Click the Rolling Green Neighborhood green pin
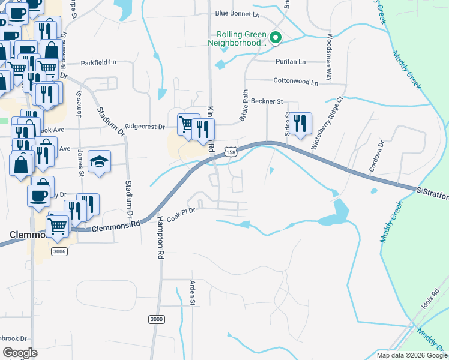[276, 38]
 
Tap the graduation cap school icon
[100, 161]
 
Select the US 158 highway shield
[231, 153]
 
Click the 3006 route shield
[59, 251]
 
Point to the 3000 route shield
[155, 319]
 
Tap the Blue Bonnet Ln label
[237, 13]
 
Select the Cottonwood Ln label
[295, 82]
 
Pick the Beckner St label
[267, 102]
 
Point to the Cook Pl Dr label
[182, 215]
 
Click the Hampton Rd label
[160, 246]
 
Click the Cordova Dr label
[380, 155]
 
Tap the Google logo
[20, 352]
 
